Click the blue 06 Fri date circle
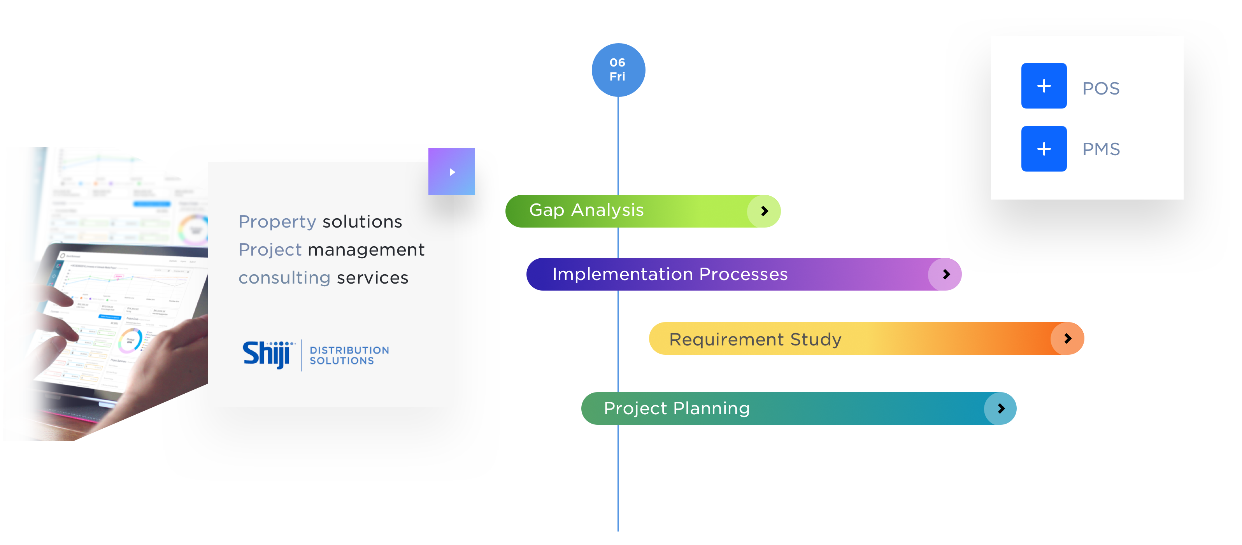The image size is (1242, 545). pos(617,70)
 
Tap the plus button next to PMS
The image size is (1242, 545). pos(1043,149)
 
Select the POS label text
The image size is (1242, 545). pos(1101,89)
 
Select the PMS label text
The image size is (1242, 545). pos(1101,149)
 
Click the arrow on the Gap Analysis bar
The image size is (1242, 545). pos(764,211)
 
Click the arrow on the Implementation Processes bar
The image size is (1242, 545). pos(946,274)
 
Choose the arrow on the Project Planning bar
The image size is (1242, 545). pos(1001,408)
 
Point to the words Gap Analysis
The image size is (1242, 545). pos(586,210)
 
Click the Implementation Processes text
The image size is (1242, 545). pos(670,274)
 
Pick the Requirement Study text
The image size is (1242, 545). pos(755,339)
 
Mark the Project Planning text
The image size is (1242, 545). pos(676,408)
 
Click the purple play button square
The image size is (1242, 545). pos(452,172)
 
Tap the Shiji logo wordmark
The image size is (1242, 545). pos(267,354)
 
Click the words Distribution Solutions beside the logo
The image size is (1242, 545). pos(349,356)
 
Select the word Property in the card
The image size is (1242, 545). pos(277,222)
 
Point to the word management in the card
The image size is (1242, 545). pos(366,250)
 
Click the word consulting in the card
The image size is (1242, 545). pos(284,278)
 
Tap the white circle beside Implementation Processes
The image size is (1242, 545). pos(1000,275)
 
